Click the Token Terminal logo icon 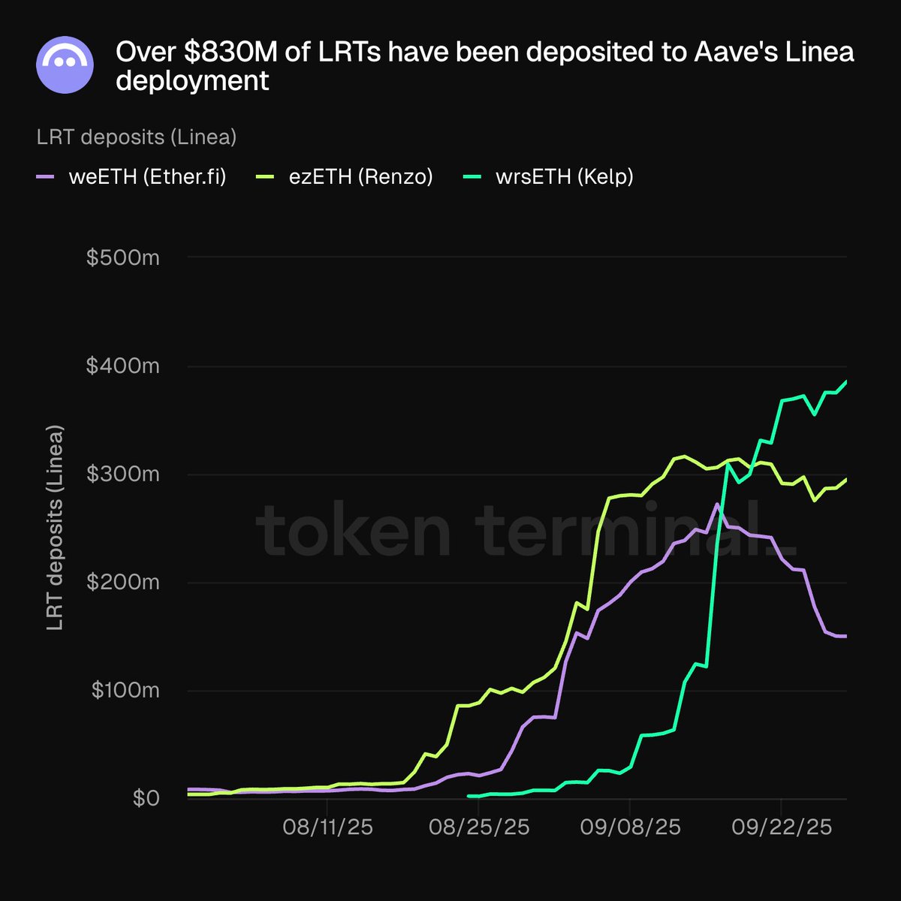coord(65,65)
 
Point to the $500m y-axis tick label coord(123,258)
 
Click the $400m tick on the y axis coord(123,366)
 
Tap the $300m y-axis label coord(123,475)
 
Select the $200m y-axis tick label coord(123,583)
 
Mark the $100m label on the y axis coord(125,691)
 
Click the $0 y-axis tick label coord(146,798)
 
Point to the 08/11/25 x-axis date coord(327,827)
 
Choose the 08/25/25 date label coord(479,827)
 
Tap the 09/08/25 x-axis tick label coord(630,827)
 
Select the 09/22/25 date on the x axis coord(782,827)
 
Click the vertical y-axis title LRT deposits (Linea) coord(56,528)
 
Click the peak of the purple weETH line coord(717,504)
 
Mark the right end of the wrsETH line coord(846,382)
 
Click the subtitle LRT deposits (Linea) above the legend coord(137,137)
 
